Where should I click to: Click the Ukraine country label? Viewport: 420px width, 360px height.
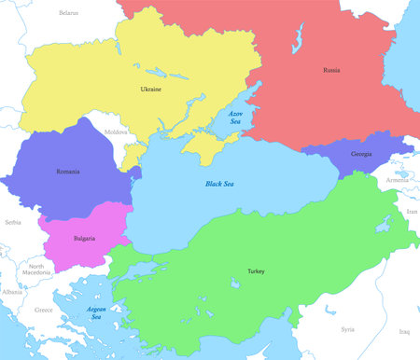point(150,90)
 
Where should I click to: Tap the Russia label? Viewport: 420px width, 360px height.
point(331,70)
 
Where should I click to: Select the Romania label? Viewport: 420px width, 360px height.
point(67,172)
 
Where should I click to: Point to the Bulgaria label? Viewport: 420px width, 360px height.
point(84,239)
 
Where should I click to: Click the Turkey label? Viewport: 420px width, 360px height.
point(256,271)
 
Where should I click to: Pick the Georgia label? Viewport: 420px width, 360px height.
point(362,154)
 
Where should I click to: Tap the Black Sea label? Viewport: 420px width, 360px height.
point(220,184)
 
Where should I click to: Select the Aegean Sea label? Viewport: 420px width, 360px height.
point(96,312)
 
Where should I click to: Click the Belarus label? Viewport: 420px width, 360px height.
point(68,13)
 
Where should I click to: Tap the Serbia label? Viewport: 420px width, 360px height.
point(12,223)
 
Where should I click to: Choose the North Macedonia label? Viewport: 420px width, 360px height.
point(36,270)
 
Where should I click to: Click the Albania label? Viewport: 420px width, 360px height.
point(12,292)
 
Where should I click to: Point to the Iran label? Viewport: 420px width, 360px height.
point(412,212)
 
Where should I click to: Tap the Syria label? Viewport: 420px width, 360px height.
point(347,329)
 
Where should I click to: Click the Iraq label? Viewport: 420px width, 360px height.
point(404,331)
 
